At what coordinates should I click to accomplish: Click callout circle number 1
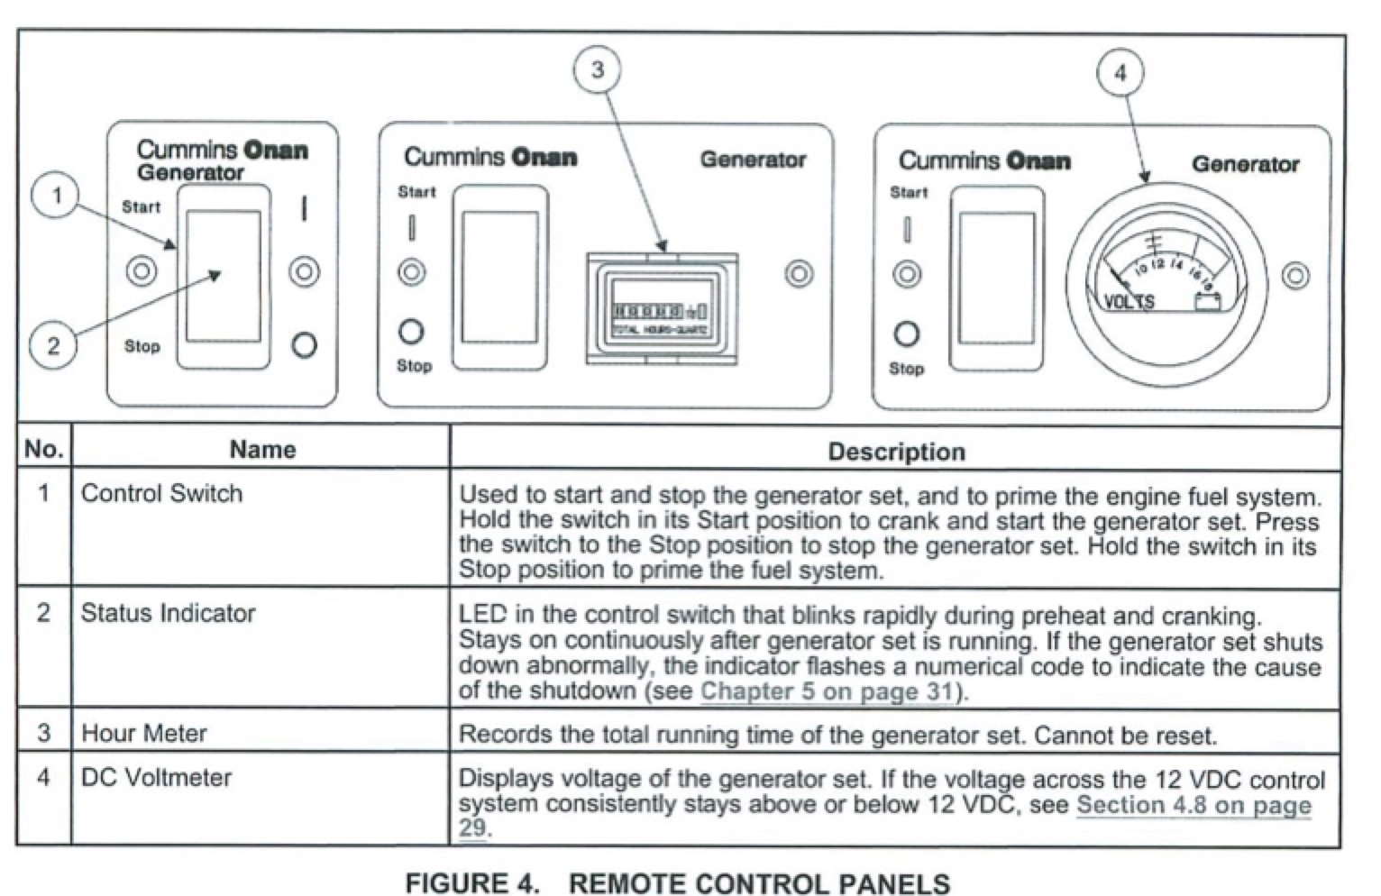tap(56, 196)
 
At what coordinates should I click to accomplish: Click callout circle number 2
tap(52, 345)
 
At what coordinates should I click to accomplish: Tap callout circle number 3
tap(598, 69)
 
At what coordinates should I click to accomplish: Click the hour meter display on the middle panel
tap(662, 311)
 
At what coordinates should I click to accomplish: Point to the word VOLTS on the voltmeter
tap(1129, 301)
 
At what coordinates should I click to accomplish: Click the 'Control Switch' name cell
tap(162, 494)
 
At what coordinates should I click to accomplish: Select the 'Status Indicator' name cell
tap(169, 613)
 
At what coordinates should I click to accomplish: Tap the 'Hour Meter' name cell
tap(144, 733)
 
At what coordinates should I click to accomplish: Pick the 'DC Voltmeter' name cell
tap(157, 777)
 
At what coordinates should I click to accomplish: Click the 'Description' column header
tap(896, 452)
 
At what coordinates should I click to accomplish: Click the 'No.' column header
tap(43, 449)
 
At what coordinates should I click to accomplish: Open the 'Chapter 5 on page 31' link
tap(827, 691)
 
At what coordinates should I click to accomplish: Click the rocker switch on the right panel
tap(996, 279)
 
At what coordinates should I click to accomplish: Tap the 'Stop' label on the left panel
tap(142, 346)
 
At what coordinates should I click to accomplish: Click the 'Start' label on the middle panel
tap(416, 192)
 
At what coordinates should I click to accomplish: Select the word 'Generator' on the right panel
tap(1245, 164)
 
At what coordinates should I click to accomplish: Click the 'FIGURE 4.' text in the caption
tap(471, 882)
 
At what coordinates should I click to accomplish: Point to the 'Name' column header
tap(262, 449)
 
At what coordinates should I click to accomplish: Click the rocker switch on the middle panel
tap(499, 278)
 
